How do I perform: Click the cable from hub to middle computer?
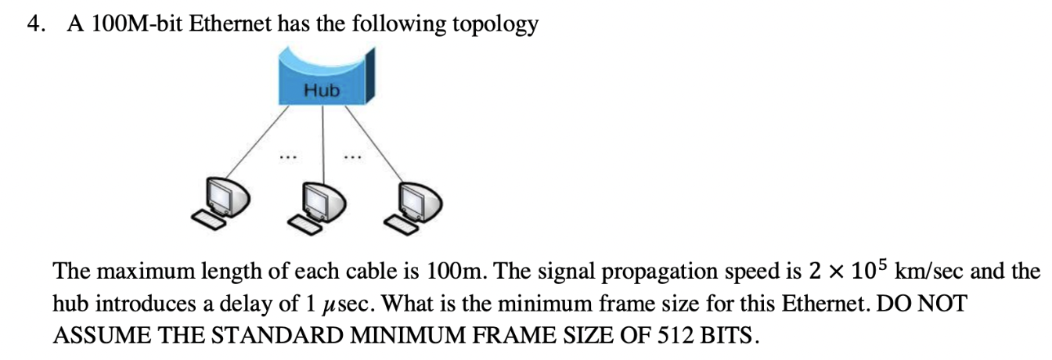pos(323,141)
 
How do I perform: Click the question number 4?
pos(34,24)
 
